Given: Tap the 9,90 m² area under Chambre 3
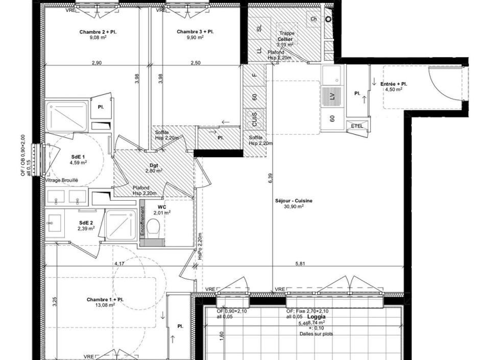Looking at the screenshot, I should [195, 37].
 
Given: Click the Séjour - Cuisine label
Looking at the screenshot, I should [294, 201].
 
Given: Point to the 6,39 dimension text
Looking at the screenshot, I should [270, 178].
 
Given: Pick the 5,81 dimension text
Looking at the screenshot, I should [301, 263].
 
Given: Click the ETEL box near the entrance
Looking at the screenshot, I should [356, 126].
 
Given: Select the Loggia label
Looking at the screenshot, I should [317, 317].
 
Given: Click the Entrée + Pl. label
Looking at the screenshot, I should [394, 84].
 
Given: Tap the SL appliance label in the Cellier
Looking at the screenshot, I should [259, 29].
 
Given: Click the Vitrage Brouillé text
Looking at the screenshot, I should [62, 180].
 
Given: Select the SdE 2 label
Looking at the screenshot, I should [86, 223].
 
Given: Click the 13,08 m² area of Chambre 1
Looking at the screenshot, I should [105, 305].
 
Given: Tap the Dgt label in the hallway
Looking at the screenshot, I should [153, 165].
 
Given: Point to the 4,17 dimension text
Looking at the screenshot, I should [119, 263].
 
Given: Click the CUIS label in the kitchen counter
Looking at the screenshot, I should [254, 119].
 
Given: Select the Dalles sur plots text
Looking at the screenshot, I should [317, 334].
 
